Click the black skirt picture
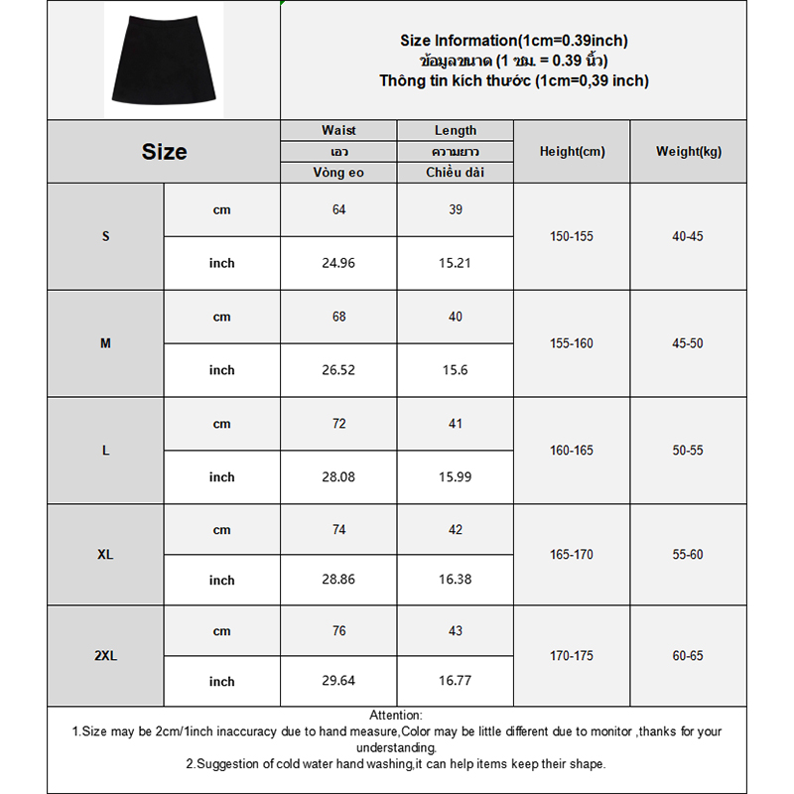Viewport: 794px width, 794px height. (x=163, y=59)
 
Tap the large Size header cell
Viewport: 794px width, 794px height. (x=164, y=152)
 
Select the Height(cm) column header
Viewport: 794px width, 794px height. (x=572, y=152)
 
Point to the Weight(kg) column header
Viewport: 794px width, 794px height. (x=689, y=152)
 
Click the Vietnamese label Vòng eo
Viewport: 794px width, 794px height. (x=338, y=173)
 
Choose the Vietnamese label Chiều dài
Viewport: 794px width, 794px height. (x=456, y=173)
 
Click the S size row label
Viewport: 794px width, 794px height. (x=105, y=236)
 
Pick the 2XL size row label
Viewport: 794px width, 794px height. (x=105, y=656)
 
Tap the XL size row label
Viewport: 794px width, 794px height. (x=105, y=554)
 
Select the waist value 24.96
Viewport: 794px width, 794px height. (x=338, y=263)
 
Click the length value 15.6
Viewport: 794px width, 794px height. (x=456, y=370)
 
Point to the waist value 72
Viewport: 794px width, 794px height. (x=338, y=424)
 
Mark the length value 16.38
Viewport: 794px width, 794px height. (x=456, y=581)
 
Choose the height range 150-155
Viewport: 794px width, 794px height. (x=572, y=236)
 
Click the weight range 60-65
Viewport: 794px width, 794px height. (x=688, y=656)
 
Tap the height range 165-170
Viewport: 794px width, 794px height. (x=572, y=554)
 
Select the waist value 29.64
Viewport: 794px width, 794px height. (x=338, y=682)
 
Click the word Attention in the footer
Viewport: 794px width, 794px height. (x=395, y=715)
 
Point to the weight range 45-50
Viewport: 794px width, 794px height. (x=688, y=343)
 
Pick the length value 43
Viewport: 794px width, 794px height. (x=456, y=631)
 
